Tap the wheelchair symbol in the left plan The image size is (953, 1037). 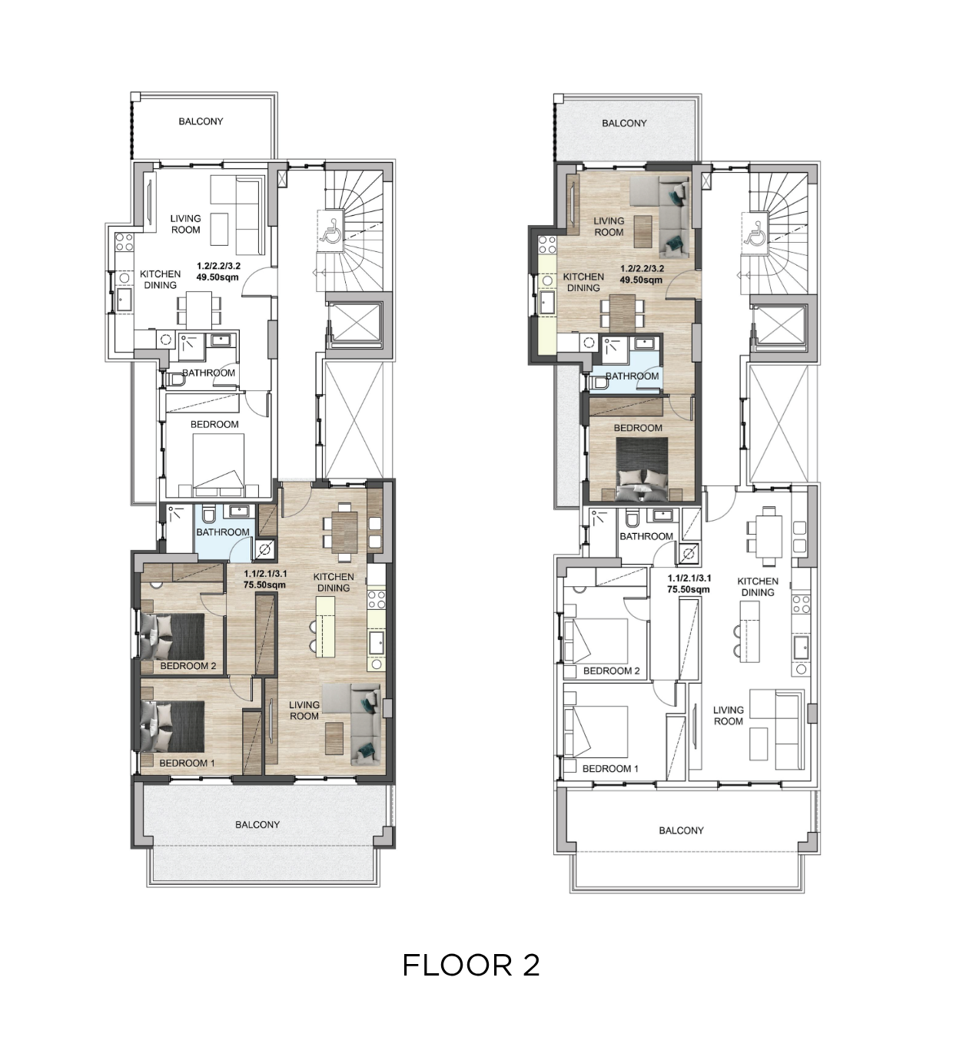(x=330, y=230)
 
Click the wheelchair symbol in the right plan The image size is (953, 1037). (x=754, y=233)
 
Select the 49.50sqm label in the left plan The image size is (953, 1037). (x=217, y=277)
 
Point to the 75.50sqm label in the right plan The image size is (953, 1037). (x=689, y=589)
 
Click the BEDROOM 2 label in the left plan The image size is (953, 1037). (x=188, y=666)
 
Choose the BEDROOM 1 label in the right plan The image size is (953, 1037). (x=610, y=769)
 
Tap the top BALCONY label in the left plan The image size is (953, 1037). (x=201, y=121)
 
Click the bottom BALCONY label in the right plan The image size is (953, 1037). (x=682, y=830)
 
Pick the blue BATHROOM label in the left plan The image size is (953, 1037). (x=222, y=532)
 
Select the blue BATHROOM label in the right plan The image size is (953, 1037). (x=633, y=376)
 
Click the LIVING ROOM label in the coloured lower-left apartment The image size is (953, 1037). (x=304, y=711)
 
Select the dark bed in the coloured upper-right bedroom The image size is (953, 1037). (x=642, y=469)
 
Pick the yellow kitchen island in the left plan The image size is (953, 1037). (x=325, y=626)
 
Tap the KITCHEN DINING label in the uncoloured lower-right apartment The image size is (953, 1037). (x=758, y=587)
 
